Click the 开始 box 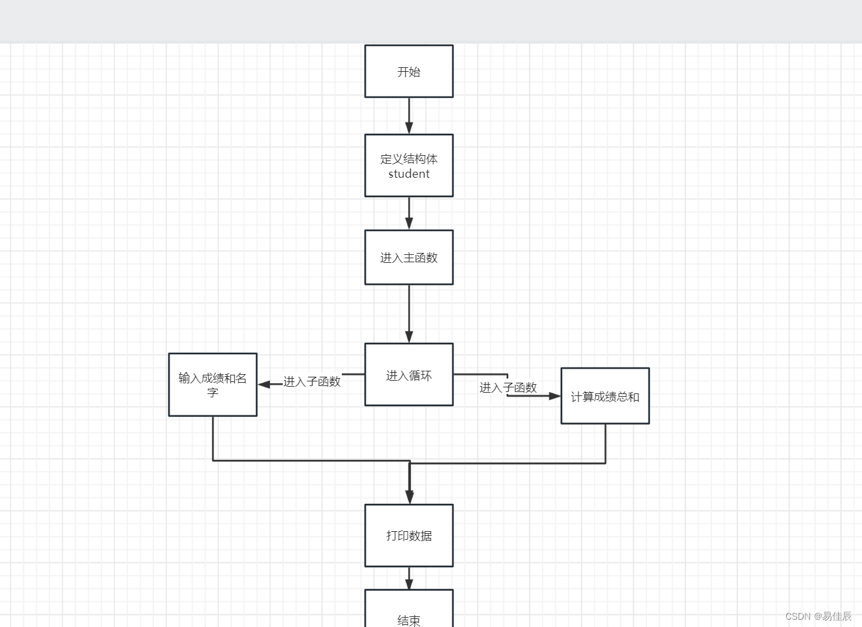408,71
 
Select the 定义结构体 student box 408,166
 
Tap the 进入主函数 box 408,258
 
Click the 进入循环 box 408,375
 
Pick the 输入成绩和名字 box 212,385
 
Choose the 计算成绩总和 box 605,396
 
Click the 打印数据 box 408,535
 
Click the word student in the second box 408,174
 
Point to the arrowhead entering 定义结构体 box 409,128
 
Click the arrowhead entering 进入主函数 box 409,224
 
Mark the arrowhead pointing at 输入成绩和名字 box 264,384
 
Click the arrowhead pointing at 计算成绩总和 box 554,396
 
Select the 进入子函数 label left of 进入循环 311,381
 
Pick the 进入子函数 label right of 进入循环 508,387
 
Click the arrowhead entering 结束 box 409,584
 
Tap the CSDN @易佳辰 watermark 818,616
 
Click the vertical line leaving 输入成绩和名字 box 213,438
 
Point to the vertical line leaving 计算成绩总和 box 605,443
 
